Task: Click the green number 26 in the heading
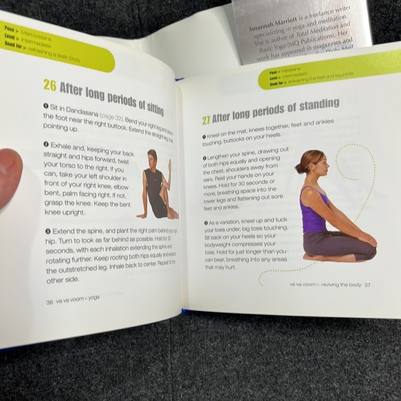50,85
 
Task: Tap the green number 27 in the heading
206,120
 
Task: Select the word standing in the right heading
315,105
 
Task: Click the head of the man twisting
152,156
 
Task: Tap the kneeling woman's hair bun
299,167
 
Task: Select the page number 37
368,284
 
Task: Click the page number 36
50,301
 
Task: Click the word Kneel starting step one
217,137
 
